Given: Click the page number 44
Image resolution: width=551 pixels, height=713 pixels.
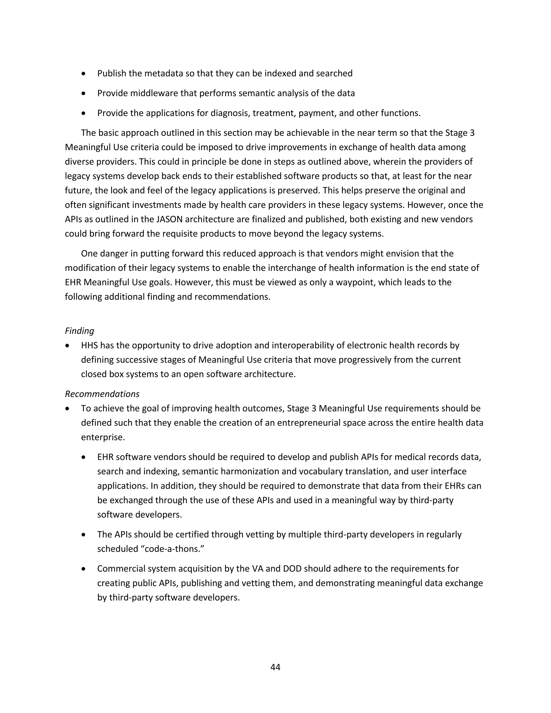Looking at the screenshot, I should [275, 667].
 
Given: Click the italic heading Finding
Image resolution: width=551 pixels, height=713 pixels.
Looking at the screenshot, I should [79, 331].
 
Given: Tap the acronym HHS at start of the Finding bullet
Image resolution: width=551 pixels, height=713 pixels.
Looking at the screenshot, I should [89, 345].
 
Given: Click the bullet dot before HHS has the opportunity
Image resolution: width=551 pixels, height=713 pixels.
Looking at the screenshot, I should [68, 346].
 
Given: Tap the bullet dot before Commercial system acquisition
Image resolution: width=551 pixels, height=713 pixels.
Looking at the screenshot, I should [84, 569].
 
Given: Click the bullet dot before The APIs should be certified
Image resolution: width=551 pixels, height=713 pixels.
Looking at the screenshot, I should [84, 535].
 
